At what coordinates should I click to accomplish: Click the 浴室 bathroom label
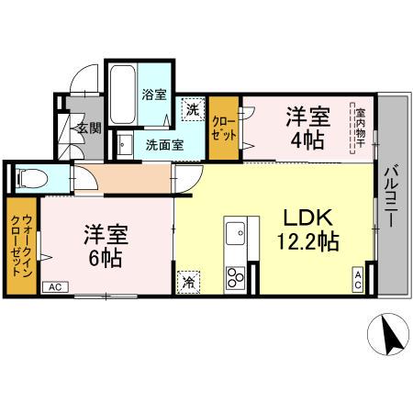(153, 94)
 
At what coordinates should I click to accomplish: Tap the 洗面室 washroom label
(164, 144)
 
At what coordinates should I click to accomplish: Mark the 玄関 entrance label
(89, 128)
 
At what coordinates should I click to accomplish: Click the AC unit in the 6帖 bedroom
(55, 287)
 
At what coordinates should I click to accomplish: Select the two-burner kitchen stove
(235, 275)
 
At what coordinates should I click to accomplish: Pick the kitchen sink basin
(234, 229)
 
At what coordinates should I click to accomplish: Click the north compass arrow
(389, 337)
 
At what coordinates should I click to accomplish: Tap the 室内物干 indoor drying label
(361, 127)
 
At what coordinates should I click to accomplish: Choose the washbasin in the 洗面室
(124, 144)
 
